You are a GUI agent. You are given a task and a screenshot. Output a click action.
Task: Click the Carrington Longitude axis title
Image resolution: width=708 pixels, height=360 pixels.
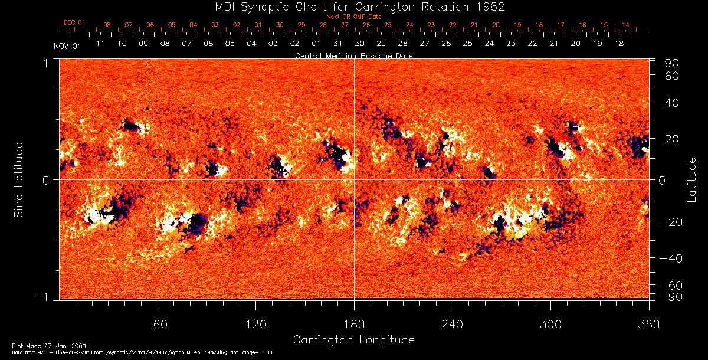click(x=353, y=340)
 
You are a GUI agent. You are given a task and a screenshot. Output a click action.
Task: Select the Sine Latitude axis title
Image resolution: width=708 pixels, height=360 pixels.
click(x=19, y=179)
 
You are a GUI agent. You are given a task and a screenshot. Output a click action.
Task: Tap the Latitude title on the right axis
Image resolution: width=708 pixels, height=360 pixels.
click(x=691, y=179)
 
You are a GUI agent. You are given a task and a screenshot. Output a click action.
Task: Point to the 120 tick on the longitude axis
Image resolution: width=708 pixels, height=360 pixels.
click(x=256, y=324)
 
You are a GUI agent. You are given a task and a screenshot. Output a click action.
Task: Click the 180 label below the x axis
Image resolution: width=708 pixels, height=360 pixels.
click(x=354, y=324)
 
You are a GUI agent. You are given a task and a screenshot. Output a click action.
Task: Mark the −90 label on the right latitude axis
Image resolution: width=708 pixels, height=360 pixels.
click(x=671, y=296)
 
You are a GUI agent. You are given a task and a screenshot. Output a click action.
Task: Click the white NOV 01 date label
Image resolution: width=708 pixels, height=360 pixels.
click(x=67, y=47)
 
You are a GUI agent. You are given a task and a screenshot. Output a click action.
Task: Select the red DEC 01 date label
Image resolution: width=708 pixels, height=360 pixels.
click(x=74, y=22)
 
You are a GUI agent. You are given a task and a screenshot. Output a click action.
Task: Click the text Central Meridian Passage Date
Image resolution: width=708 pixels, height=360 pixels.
click(x=353, y=56)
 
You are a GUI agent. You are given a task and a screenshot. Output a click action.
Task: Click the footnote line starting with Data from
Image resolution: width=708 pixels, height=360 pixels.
click(x=142, y=352)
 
